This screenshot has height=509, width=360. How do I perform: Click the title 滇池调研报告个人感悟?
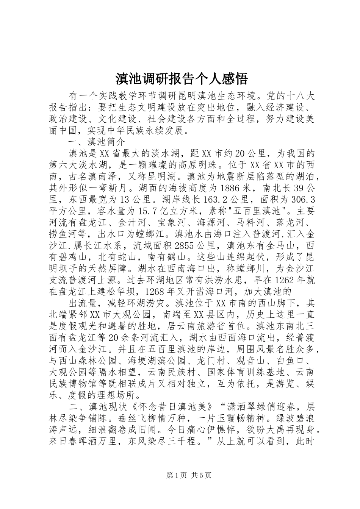[x=180, y=79]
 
